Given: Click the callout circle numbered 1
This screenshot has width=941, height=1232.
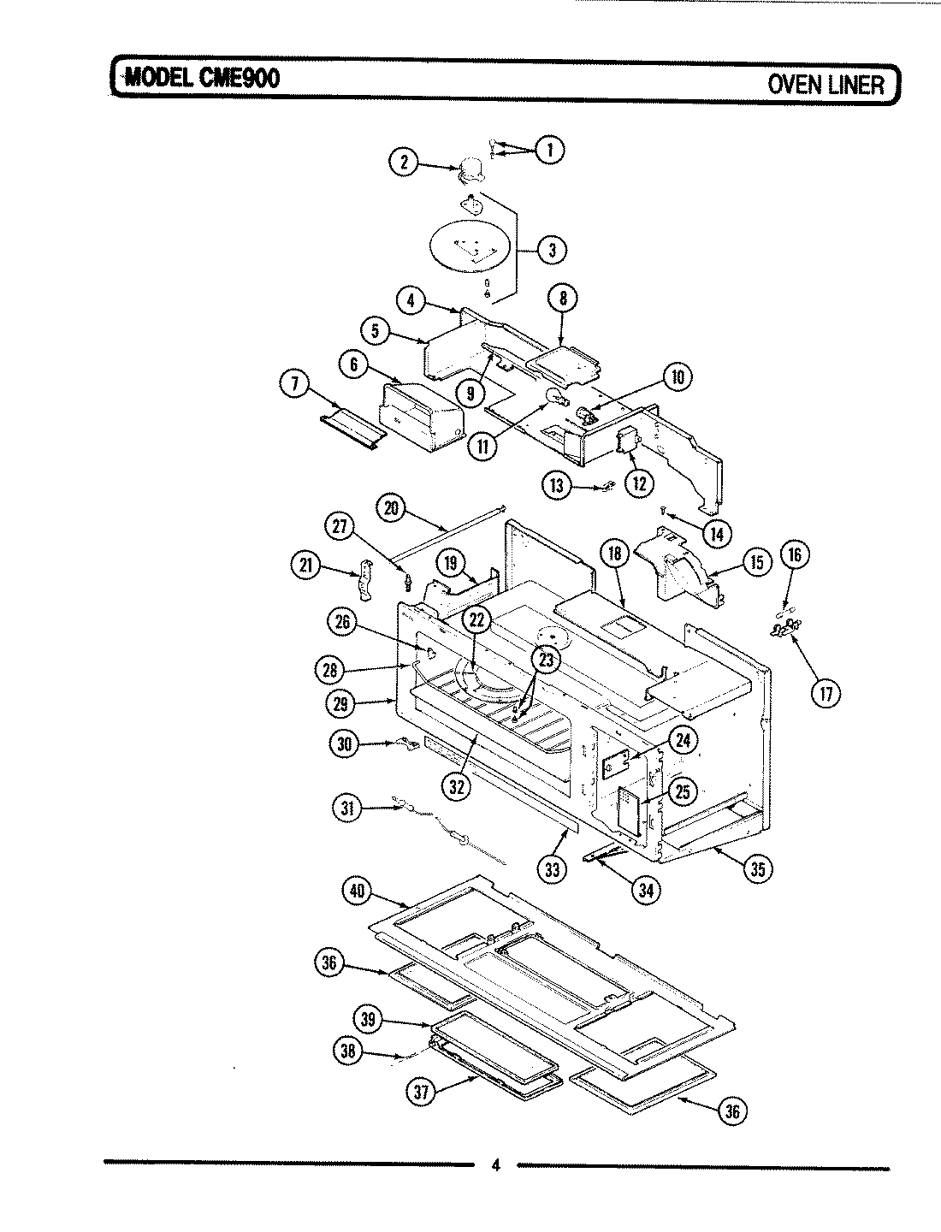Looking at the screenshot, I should pos(549,150).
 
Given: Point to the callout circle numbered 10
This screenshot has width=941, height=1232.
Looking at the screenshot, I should pos(678,377).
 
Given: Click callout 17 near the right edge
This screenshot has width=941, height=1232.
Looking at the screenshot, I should pos(825,693).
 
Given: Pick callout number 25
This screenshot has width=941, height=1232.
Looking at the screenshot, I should pos(682,791).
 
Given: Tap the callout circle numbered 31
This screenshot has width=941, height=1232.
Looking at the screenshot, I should pos(347,808).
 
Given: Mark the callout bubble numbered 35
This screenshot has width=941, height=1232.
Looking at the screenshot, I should pos(757,868).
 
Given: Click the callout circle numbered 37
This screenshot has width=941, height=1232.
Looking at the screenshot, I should pos(423,1091).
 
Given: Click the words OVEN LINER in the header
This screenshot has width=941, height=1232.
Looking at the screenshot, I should pos(824,84).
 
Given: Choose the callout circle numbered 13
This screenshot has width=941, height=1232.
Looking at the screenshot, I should pos(557,486).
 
